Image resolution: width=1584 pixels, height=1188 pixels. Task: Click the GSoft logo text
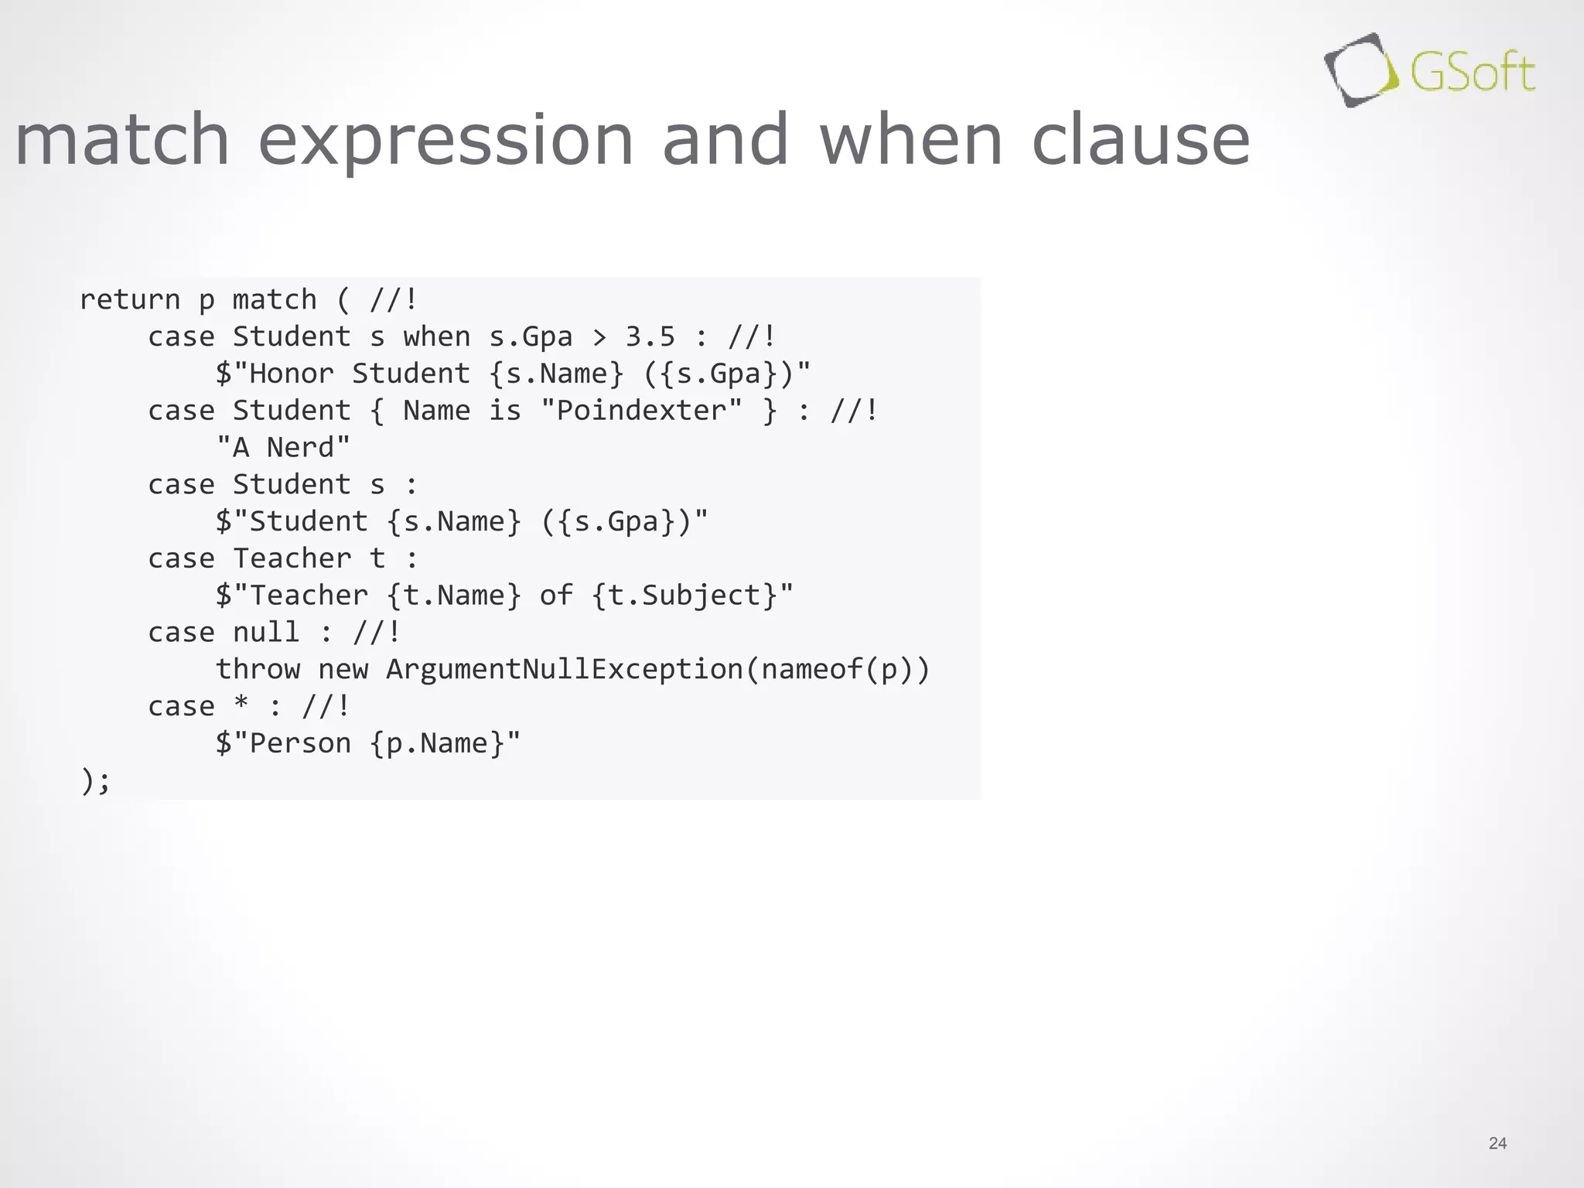click(x=1471, y=73)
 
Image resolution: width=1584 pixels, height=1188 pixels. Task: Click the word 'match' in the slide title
click(x=122, y=139)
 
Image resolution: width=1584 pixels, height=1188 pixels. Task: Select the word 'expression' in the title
click(x=445, y=139)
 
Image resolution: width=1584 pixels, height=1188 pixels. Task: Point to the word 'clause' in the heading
click(x=1141, y=139)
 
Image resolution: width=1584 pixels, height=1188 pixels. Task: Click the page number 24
click(x=1497, y=1143)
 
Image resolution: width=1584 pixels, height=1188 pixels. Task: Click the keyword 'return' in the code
click(x=130, y=299)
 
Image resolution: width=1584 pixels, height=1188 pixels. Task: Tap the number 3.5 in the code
click(x=650, y=336)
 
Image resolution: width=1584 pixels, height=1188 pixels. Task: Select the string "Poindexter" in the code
click(x=641, y=410)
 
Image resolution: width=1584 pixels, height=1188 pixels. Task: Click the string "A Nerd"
click(x=283, y=447)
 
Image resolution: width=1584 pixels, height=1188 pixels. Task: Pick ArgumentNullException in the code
click(x=564, y=669)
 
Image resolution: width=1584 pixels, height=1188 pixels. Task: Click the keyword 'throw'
click(x=258, y=669)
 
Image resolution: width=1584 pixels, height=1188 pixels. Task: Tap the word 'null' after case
click(x=265, y=632)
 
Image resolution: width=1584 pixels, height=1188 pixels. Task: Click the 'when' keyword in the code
click(x=436, y=336)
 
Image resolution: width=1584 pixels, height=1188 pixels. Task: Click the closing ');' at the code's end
click(x=95, y=780)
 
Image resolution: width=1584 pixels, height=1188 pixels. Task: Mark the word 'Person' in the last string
click(x=300, y=743)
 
